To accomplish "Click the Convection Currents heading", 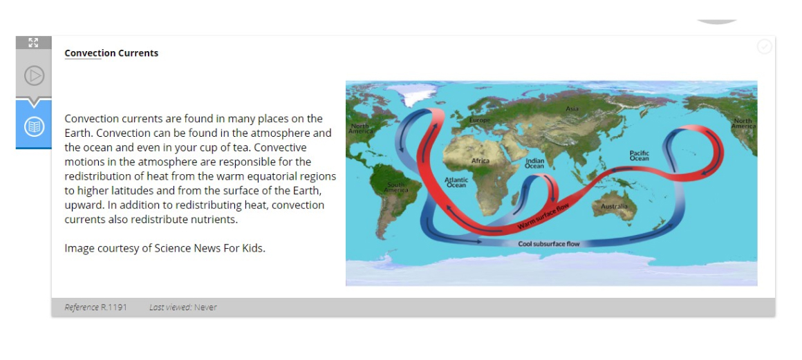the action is coord(111,53).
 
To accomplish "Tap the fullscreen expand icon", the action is coord(33,42).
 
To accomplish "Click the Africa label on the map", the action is coord(481,160).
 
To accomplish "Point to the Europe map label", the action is coord(480,120).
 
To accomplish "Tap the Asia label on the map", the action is coord(572,108).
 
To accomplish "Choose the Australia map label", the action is coord(614,206).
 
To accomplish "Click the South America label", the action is coord(396,187).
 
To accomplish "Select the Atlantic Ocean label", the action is coord(456,182).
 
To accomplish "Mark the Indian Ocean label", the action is coord(534,163).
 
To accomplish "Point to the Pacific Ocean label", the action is coord(639,155).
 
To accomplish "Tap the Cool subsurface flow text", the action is coord(549,244).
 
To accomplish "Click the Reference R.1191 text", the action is coord(95,307).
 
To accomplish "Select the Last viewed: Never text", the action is coord(183,307).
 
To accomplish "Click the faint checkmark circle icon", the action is coord(764,46).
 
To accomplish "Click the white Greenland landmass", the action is coord(412,95).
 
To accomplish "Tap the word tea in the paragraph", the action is coord(298,147).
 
